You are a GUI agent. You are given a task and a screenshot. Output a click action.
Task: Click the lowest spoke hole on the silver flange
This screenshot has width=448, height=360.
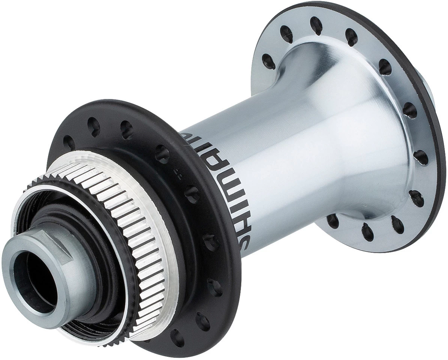click(x=367, y=232)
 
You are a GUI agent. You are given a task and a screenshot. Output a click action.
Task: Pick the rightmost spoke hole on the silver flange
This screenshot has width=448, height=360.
click(x=421, y=157)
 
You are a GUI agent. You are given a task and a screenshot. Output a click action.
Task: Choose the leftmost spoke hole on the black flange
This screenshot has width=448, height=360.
click(x=69, y=142)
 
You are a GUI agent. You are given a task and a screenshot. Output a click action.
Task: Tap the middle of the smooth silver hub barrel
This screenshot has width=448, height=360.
click(x=300, y=150)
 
